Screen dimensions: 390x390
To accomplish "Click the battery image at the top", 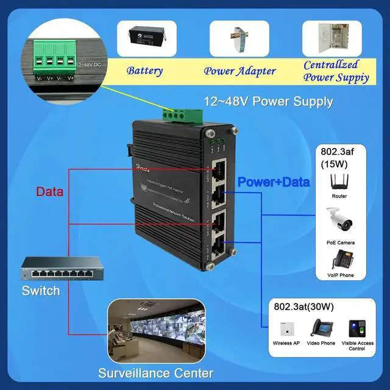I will click(146, 39).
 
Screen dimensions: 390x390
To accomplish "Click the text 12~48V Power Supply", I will click(268, 102).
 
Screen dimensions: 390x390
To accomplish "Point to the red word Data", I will click(50, 192).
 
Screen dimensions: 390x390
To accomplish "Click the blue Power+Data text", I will click(274, 182).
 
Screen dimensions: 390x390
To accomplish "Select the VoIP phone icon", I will click(339, 260).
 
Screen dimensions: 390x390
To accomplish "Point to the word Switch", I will click(41, 291).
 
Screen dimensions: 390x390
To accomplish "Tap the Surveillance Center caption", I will click(156, 373).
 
